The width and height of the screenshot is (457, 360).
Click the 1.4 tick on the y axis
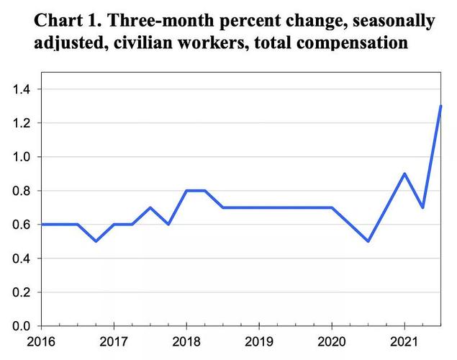point(21,89)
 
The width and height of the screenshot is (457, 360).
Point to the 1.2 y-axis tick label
point(21,123)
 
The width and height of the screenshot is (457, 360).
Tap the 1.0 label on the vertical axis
point(21,157)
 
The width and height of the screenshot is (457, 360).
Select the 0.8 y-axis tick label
point(21,191)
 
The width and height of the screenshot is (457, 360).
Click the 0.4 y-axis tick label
point(21,258)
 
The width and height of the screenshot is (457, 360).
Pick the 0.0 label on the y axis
point(21,326)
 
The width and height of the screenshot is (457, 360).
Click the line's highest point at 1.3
point(440,107)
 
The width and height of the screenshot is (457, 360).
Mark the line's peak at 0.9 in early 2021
point(404,174)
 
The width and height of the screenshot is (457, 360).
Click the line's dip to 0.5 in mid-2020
point(368,241)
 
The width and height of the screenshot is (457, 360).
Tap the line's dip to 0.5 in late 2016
point(96,241)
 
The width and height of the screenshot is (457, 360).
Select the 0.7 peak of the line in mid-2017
point(150,207)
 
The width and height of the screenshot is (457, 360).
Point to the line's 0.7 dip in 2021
point(422,207)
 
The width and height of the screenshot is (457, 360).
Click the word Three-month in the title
point(159,20)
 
